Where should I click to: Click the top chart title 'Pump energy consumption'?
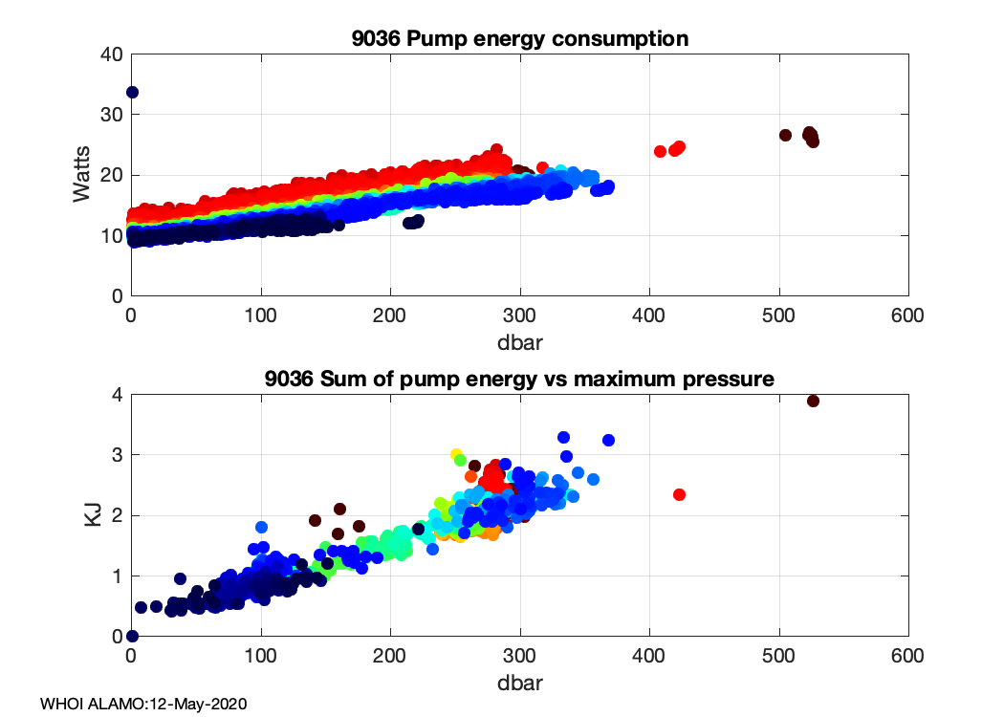[519, 39]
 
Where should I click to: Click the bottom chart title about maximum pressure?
[519, 380]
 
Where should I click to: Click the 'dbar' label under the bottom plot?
[519, 683]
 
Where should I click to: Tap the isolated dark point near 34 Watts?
[132, 92]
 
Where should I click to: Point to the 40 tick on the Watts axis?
[112, 54]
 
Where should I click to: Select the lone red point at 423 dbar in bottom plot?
[679, 494]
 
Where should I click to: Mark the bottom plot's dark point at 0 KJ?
[132, 636]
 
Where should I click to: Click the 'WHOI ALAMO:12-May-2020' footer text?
[144, 704]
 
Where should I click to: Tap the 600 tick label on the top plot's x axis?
[907, 315]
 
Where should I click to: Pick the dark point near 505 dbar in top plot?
[785, 135]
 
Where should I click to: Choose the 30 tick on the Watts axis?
[112, 115]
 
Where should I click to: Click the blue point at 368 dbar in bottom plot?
[608, 440]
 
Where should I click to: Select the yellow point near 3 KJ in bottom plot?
[456, 454]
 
